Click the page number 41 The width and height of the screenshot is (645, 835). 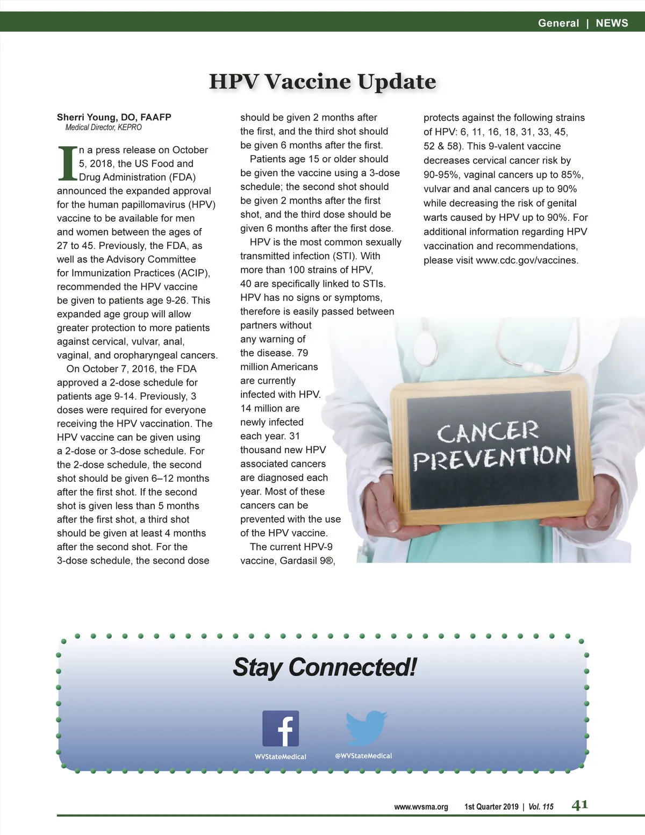coord(579,805)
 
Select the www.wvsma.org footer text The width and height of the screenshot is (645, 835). coord(421,807)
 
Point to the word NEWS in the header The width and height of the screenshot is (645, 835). coord(612,23)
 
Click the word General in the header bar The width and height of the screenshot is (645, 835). coord(558,23)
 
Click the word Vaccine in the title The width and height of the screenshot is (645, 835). coord(308,81)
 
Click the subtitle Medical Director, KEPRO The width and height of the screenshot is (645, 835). coord(103,127)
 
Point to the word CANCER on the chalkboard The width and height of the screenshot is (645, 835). coord(487,432)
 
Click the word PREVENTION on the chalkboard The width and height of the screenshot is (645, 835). coord(491,457)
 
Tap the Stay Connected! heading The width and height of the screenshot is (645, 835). coord(325,667)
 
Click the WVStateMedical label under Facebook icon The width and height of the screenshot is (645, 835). coord(281,757)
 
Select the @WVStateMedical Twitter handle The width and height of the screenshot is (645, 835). coord(363,755)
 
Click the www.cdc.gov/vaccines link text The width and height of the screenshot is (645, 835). coord(526,260)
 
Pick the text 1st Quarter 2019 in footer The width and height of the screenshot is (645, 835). coord(491,807)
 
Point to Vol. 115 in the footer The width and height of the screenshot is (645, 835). coord(541,807)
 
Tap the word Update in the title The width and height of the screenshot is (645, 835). coord(397,81)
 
